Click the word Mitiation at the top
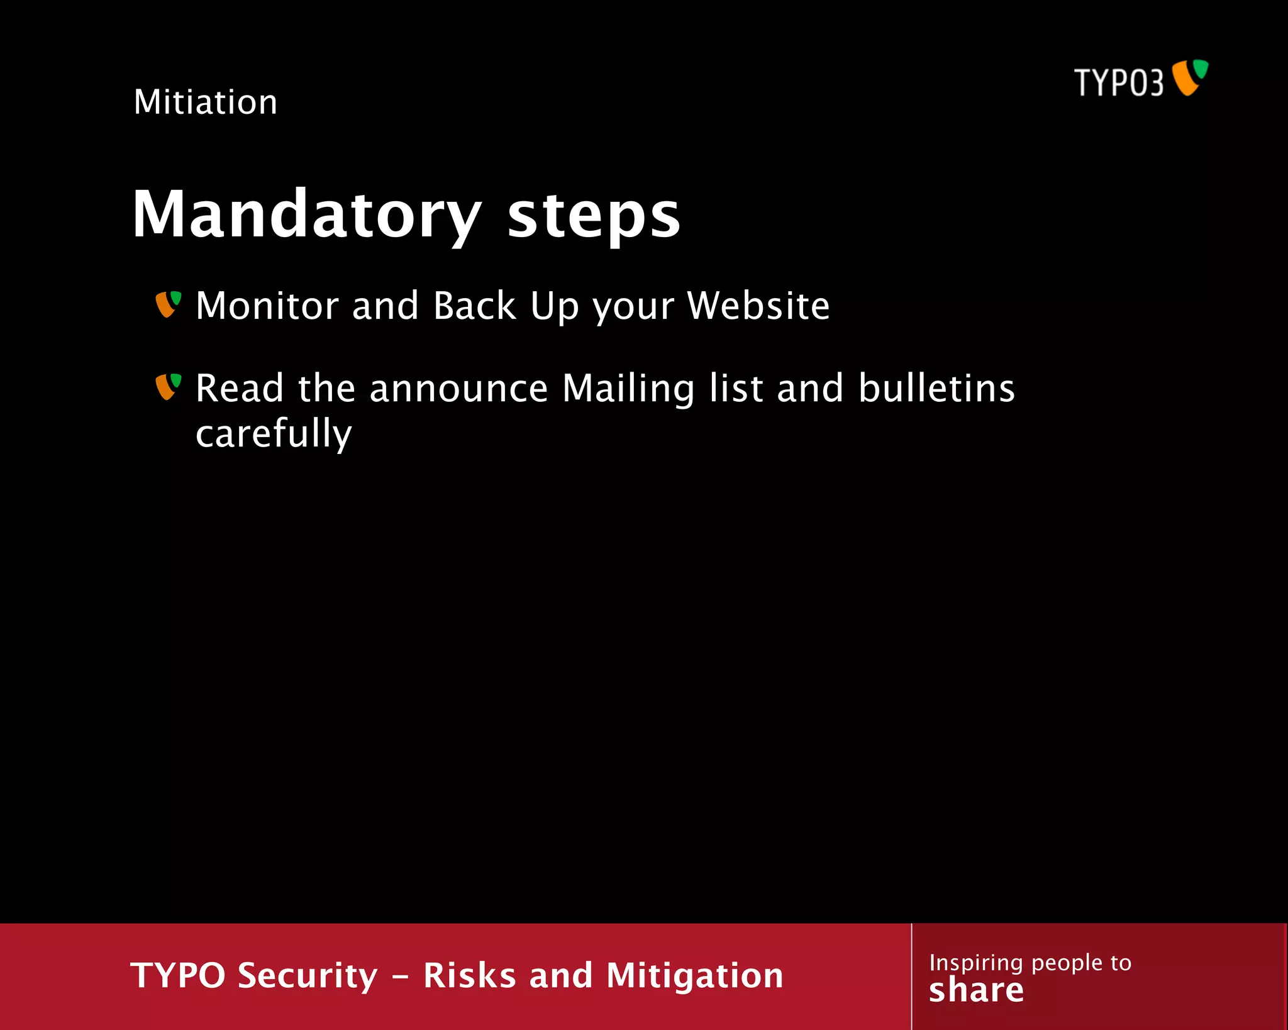tap(206, 102)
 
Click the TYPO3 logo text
tap(1119, 82)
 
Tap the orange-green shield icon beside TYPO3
tap(1190, 77)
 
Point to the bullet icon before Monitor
tap(168, 304)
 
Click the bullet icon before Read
tap(168, 387)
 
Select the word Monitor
tap(267, 306)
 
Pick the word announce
tap(458, 389)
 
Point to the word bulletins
tap(936, 388)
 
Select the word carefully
tap(274, 435)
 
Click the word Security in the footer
tap(308, 976)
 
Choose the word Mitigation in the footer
tap(694, 977)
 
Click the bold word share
tap(976, 990)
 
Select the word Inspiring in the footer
tap(976, 963)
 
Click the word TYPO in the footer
tap(178, 975)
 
